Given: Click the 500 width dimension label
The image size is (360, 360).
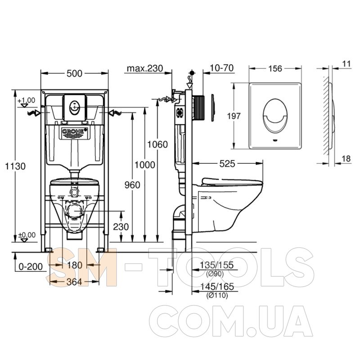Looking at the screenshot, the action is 74,73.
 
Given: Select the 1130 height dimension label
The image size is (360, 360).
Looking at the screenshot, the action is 15,166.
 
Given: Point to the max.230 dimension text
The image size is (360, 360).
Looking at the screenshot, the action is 145,68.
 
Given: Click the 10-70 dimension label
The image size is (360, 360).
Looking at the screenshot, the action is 222,68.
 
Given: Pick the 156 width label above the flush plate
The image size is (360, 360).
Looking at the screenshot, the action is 275,68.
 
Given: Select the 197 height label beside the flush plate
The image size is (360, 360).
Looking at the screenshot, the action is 234,116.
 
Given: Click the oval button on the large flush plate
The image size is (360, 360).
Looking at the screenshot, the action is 275,116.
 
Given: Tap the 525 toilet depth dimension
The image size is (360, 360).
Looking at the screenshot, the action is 227,164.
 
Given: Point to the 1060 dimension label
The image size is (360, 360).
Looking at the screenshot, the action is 157,144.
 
